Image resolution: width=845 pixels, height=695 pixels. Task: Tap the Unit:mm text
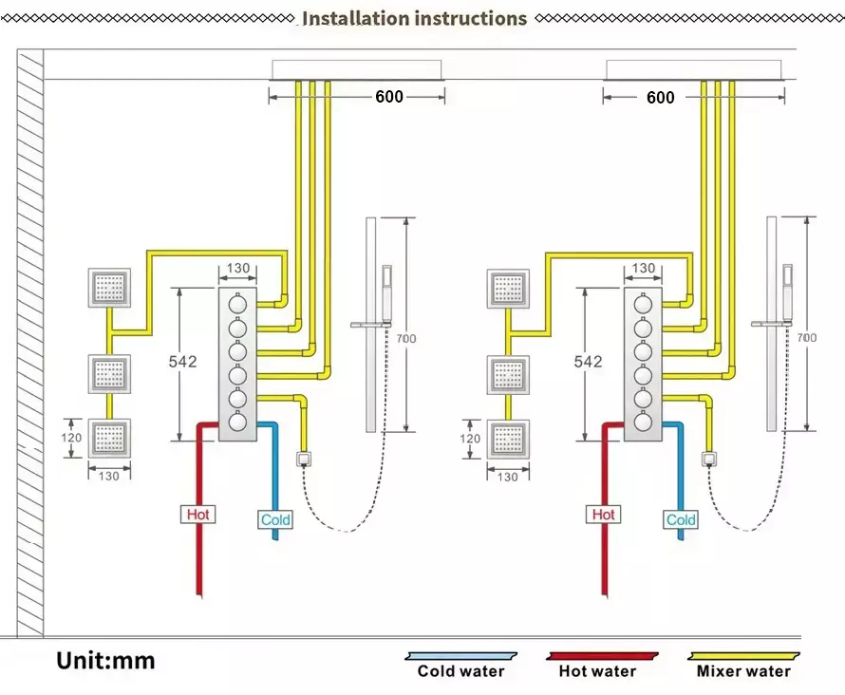[104, 660]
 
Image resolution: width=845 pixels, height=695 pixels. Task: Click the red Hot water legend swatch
[603, 656]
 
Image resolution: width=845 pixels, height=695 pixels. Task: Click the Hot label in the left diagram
[198, 515]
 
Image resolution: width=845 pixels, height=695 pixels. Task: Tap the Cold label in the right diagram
[681, 519]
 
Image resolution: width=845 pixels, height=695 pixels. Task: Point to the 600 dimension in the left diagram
[388, 96]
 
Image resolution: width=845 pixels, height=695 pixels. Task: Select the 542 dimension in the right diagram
[588, 362]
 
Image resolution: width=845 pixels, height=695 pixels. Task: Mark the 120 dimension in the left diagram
[72, 438]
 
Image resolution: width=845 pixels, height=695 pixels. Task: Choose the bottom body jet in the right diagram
[508, 438]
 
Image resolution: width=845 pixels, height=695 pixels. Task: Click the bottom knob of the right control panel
[642, 422]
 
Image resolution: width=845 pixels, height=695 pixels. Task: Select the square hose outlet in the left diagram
[304, 460]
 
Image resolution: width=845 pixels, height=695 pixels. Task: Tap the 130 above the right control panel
[644, 269]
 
